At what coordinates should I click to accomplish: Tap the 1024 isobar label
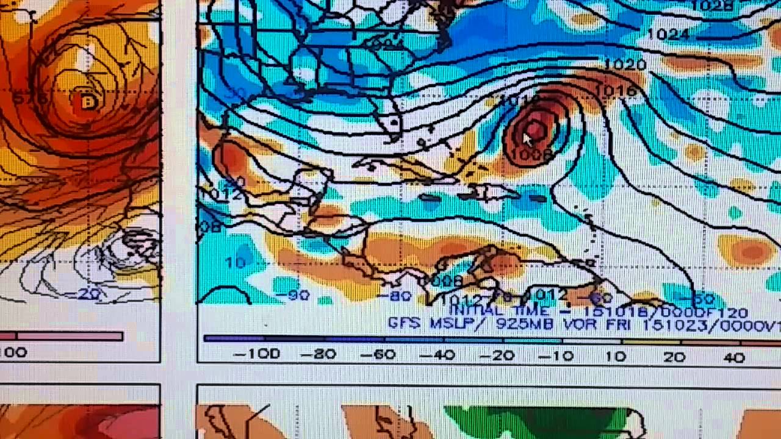pyautogui.click(x=668, y=34)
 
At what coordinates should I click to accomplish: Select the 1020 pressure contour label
pyautogui.click(x=624, y=64)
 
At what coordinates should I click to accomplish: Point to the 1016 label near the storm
pyautogui.click(x=615, y=91)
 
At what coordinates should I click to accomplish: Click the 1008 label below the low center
pyautogui.click(x=531, y=155)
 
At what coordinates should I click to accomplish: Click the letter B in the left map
pyautogui.click(x=88, y=102)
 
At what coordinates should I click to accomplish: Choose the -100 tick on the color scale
pyautogui.click(x=256, y=354)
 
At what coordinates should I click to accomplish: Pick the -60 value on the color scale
pyautogui.click(x=378, y=354)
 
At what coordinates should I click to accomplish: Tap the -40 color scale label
pyautogui.click(x=437, y=354)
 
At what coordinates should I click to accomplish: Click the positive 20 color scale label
pyautogui.click(x=674, y=357)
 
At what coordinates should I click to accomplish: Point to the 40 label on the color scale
pyautogui.click(x=733, y=357)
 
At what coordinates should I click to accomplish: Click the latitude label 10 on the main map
pyautogui.click(x=236, y=262)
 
